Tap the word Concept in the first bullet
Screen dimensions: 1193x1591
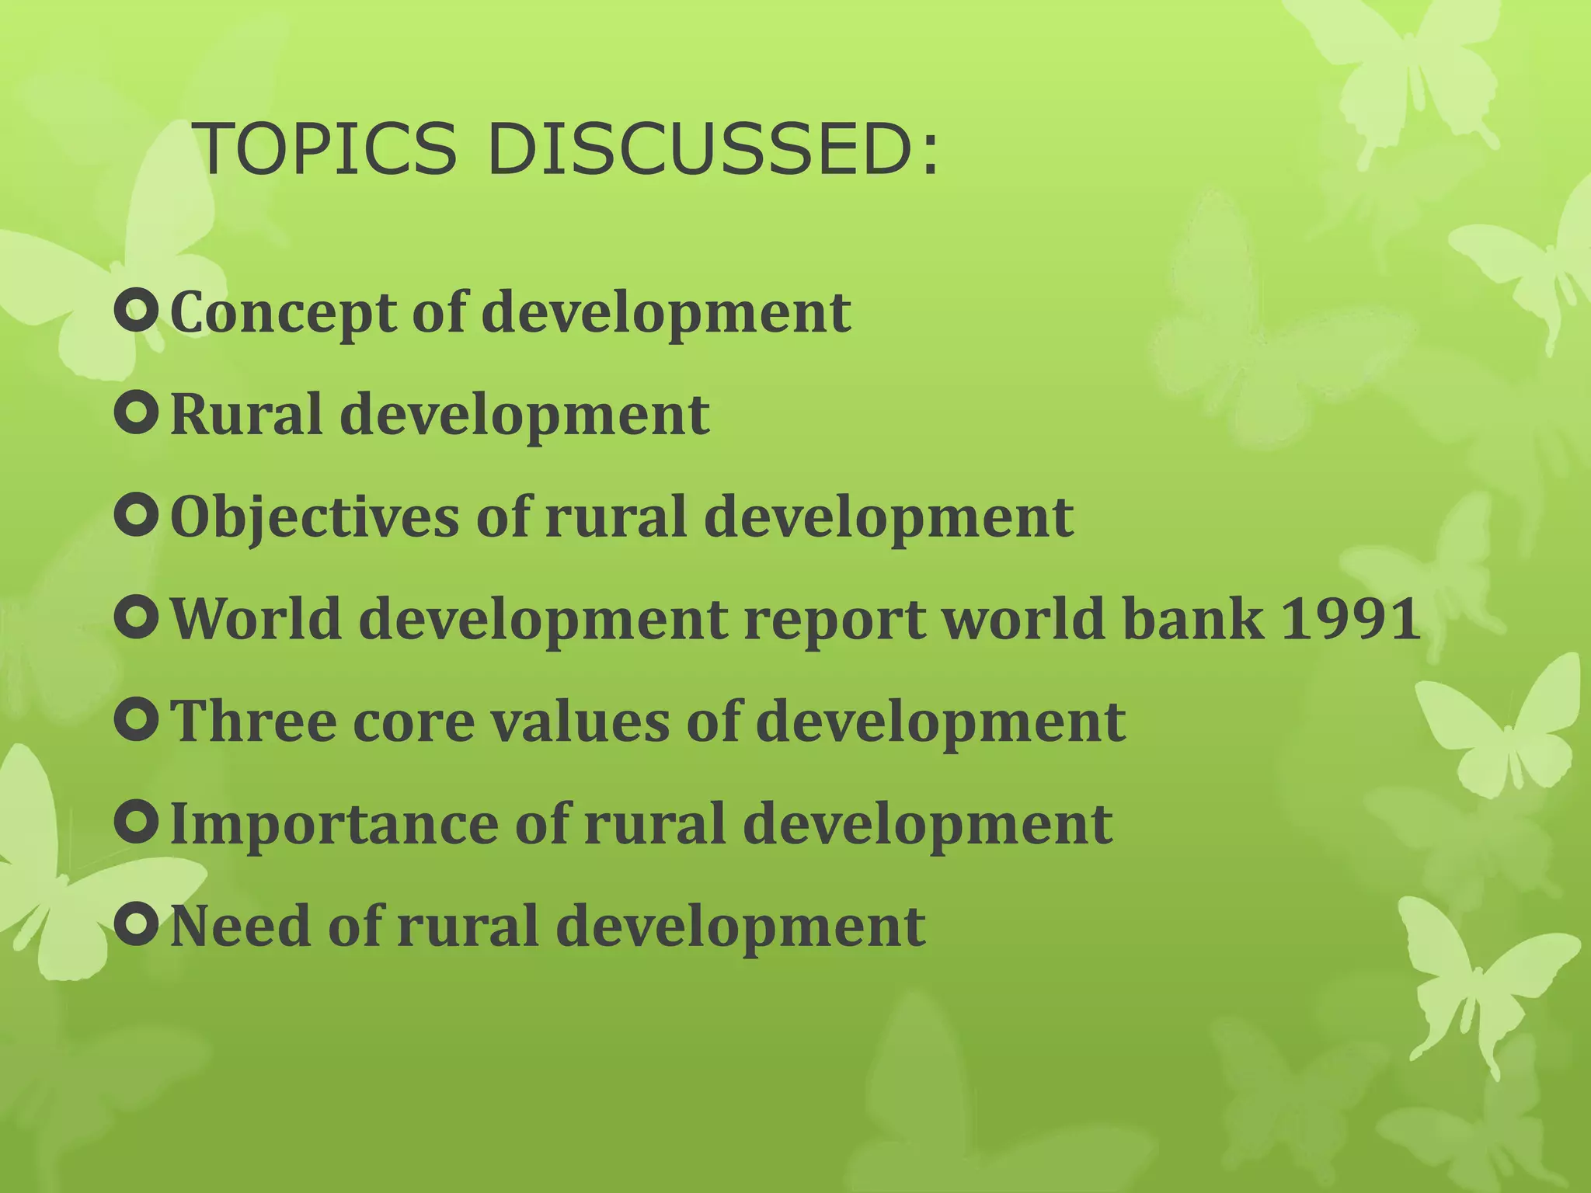[x=283, y=313]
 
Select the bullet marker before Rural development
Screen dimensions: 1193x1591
[x=137, y=414]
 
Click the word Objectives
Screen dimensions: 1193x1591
[x=315, y=518]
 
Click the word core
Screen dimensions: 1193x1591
[x=413, y=722]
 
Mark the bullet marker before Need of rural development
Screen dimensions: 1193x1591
[x=137, y=924]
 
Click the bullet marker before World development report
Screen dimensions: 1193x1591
[x=137, y=618]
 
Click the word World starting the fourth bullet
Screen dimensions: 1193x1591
[x=256, y=620]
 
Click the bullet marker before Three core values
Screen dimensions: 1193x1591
[x=137, y=720]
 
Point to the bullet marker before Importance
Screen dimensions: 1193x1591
[x=137, y=823]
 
